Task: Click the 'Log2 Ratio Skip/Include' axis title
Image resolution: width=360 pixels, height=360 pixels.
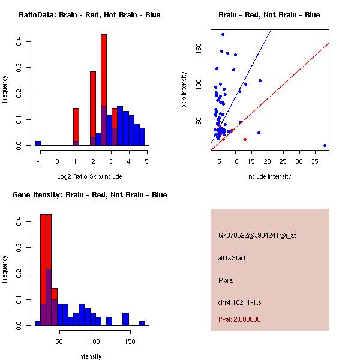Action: coord(89,176)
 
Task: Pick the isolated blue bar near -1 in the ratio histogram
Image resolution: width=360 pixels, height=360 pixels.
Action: coord(38,143)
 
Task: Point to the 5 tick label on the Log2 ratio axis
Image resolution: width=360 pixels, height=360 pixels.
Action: coord(146,161)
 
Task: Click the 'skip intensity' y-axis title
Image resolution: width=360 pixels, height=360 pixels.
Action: coord(184,90)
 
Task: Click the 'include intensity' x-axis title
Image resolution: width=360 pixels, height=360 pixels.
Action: coord(269,176)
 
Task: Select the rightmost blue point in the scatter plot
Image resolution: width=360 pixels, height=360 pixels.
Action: coord(325,145)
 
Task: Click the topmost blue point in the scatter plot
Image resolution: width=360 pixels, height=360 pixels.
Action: coord(223,34)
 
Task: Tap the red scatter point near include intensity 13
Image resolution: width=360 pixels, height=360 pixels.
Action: coord(245,139)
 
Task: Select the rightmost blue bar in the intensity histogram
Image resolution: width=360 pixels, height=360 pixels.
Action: coord(142,323)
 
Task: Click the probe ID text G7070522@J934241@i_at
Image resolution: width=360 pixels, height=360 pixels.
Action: coord(257,235)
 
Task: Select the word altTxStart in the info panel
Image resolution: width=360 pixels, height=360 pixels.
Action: coord(232,258)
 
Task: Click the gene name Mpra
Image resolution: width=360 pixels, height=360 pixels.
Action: coord(226,280)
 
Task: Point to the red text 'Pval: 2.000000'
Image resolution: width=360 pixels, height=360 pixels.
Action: coord(239,319)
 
